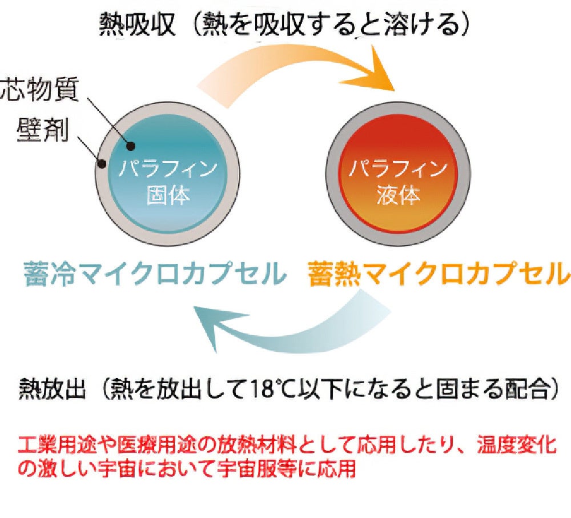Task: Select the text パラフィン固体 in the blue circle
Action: pyautogui.click(x=168, y=182)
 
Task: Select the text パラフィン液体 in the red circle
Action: pyautogui.click(x=399, y=182)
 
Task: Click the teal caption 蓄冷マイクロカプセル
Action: pyautogui.click(x=154, y=274)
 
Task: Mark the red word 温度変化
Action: pyautogui.click(x=522, y=444)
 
